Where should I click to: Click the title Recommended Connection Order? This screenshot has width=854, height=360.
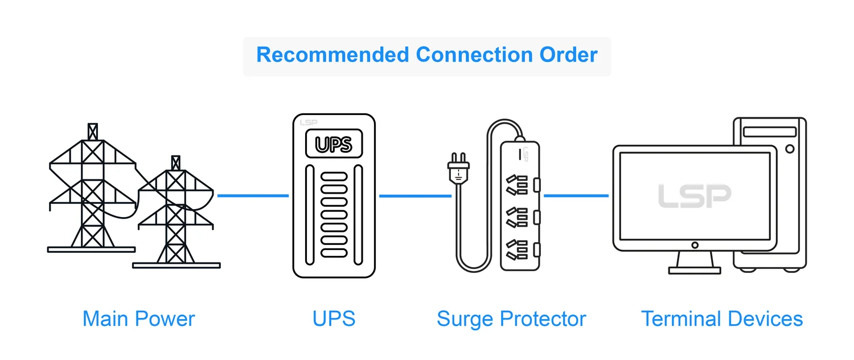tap(427, 55)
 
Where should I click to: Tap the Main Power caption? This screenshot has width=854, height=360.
tap(138, 318)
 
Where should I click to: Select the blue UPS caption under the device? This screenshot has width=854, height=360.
tap(334, 318)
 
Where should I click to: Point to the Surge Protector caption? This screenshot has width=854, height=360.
tap(511, 318)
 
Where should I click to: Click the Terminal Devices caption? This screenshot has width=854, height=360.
tap(722, 318)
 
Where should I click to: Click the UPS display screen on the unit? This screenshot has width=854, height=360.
tap(334, 144)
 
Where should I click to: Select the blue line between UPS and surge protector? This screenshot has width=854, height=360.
tap(415, 196)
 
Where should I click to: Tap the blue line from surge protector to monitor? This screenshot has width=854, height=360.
tap(576, 196)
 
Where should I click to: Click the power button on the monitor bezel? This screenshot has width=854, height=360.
tap(695, 245)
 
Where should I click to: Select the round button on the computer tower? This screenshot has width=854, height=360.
tap(789, 149)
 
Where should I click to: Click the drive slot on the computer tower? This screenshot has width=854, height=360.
tap(769, 132)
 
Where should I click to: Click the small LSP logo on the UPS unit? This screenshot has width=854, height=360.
tap(307, 122)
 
